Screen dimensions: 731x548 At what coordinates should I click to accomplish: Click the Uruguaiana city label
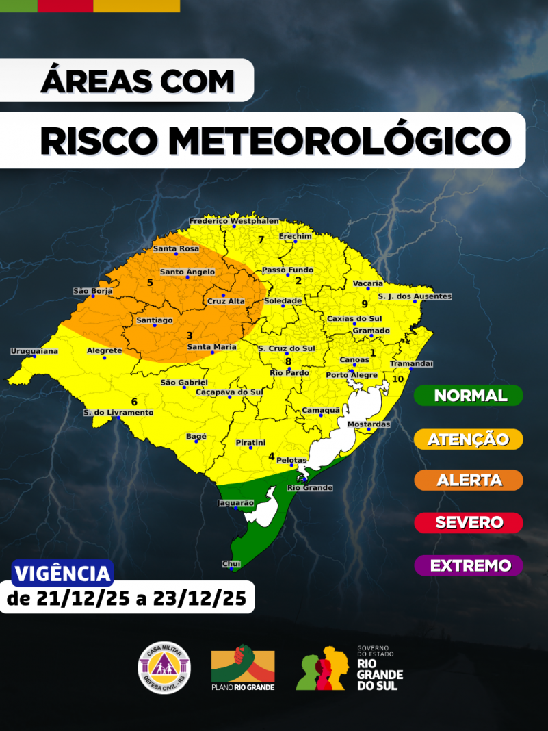34,351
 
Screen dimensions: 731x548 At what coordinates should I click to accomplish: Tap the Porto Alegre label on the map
352,375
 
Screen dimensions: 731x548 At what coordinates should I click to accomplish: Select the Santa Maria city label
212,347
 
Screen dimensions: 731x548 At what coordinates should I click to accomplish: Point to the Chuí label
231,563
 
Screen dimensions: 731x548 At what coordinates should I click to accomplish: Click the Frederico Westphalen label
234,221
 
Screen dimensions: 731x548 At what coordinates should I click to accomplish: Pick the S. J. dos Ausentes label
415,296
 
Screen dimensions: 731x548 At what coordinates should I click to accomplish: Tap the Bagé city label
196,436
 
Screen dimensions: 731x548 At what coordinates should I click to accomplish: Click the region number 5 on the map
150,282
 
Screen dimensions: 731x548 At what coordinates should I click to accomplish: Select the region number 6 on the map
134,402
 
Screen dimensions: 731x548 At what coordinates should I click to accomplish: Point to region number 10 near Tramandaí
397,379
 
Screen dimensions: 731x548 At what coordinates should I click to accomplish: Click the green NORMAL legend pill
469,396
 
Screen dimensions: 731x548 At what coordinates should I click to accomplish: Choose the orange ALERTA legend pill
469,480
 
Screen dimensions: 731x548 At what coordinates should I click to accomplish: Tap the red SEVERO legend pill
469,522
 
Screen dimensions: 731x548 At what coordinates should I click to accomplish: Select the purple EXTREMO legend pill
469,565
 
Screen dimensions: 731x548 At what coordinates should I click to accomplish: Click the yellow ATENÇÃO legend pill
469,439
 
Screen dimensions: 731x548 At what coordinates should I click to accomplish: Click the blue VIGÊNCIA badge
62,574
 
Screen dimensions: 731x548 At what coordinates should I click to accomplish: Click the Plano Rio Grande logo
243,667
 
